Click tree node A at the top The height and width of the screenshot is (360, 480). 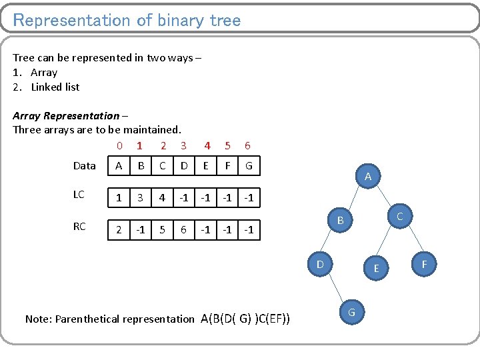click(368, 177)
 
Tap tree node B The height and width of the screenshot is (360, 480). click(340, 220)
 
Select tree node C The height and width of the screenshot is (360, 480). click(399, 217)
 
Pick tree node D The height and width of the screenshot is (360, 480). click(320, 265)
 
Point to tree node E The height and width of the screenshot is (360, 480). click(376, 268)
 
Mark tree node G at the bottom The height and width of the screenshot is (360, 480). click(351, 311)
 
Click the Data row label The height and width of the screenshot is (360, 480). click(85, 165)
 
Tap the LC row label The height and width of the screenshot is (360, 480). click(79, 195)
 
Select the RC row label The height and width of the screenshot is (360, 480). click(79, 227)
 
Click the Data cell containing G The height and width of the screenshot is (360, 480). click(249, 165)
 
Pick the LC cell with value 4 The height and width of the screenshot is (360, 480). click(162, 198)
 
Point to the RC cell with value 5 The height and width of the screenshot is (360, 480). click(162, 230)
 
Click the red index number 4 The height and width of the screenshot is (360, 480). click(207, 145)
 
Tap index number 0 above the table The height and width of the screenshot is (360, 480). click(119, 145)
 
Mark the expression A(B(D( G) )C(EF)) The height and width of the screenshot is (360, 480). click(245, 319)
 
